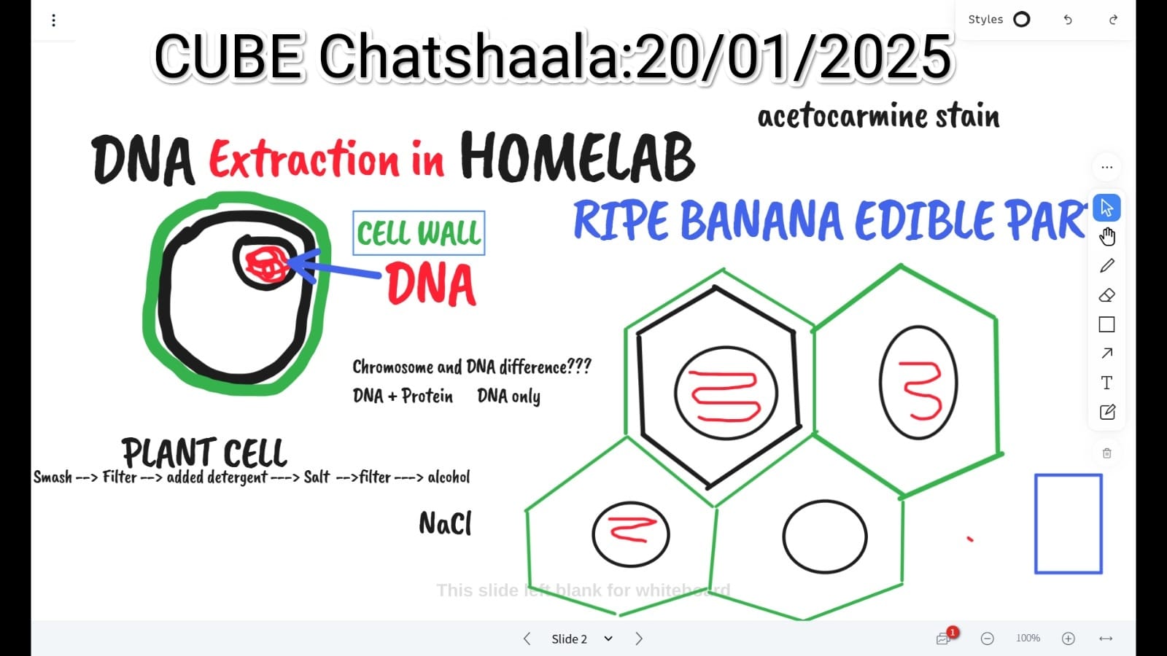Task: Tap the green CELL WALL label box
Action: tap(419, 233)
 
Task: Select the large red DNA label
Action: tap(431, 284)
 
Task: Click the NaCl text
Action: tap(446, 523)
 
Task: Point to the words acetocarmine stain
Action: tap(878, 116)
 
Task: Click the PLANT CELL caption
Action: tap(204, 453)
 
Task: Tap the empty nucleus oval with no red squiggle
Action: tap(825, 536)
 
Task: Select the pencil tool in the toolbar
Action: tap(1107, 265)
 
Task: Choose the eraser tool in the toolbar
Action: tap(1107, 295)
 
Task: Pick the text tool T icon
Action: tap(1107, 383)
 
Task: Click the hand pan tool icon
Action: tap(1107, 236)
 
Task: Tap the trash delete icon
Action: tap(1107, 453)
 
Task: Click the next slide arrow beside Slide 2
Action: tap(639, 639)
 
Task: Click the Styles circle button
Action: tap(1022, 20)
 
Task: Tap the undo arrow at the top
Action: tap(1068, 20)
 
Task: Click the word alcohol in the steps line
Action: tap(449, 477)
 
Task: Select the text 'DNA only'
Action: tap(508, 397)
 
